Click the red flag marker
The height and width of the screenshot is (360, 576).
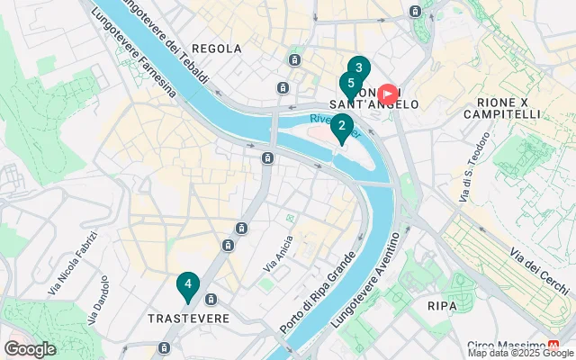point(388,93)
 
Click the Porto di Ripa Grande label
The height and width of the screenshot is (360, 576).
point(329,286)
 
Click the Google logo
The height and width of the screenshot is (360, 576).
point(30,349)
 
